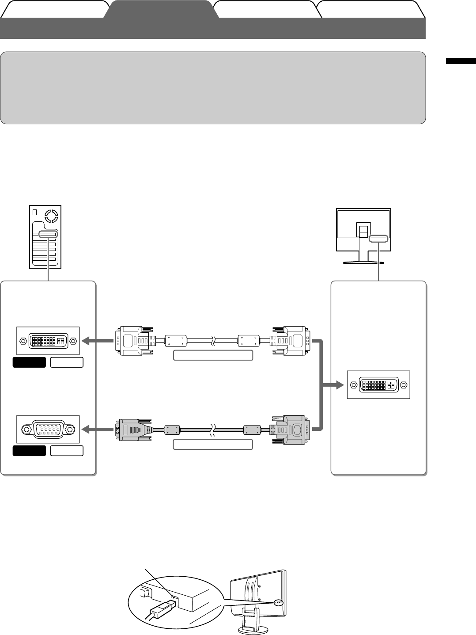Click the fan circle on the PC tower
point(52,216)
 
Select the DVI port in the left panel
point(48,341)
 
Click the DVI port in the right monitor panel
point(379,384)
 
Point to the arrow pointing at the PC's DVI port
point(96,341)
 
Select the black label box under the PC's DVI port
point(29,362)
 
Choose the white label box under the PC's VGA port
point(67,451)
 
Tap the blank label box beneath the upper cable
point(213,355)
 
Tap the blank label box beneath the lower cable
point(213,444)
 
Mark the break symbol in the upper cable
point(213,341)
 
